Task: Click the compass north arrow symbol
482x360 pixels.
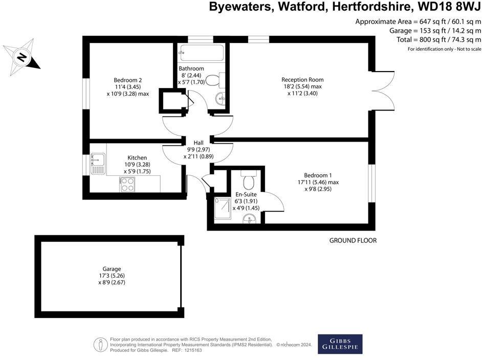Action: [21, 57]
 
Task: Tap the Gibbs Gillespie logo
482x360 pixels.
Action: [340, 344]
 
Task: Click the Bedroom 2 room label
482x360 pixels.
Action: [127, 80]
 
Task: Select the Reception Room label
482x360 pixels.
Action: [302, 80]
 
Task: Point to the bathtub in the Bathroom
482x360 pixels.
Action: [200, 53]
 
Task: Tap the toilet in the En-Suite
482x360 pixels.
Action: [250, 181]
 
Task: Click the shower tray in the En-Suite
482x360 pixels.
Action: [223, 208]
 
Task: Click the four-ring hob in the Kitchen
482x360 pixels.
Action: [127, 185]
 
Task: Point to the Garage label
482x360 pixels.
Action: [112, 269]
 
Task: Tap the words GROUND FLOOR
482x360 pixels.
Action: [353, 240]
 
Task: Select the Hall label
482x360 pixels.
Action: [199, 143]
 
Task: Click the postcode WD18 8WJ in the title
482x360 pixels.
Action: [448, 8]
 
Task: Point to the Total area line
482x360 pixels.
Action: [439, 40]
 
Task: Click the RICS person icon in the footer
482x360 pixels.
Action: [101, 344]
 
